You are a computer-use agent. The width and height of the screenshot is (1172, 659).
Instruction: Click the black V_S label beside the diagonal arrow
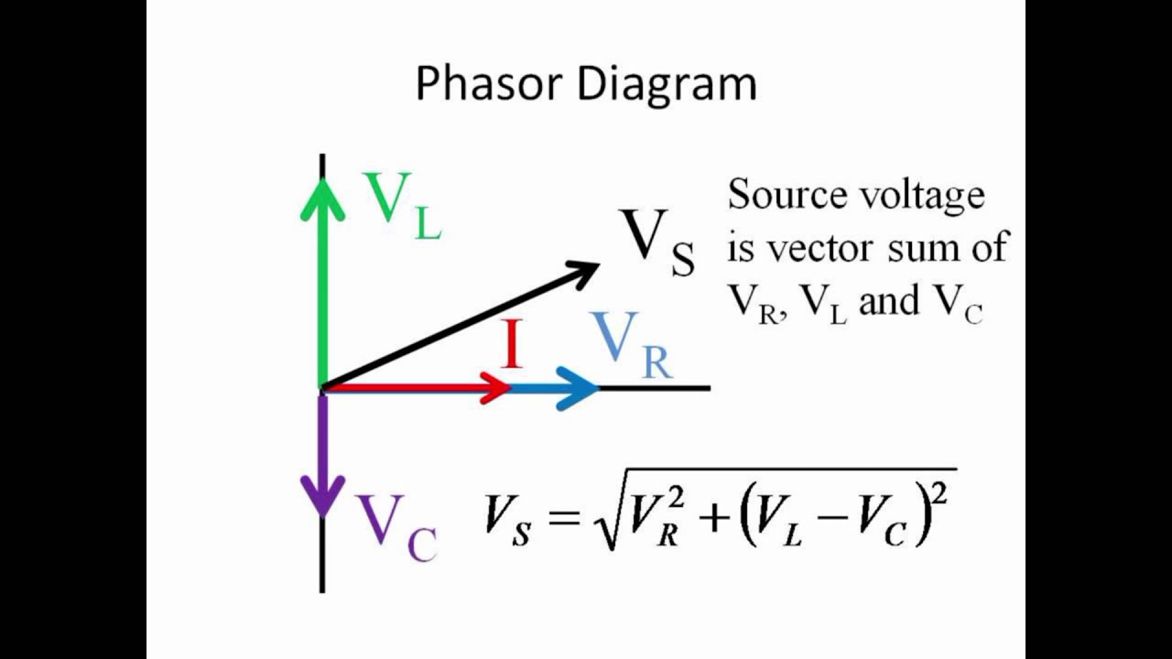point(656,242)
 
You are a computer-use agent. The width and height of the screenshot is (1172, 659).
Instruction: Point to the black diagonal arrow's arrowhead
point(583,271)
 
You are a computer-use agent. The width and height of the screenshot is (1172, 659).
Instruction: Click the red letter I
point(512,346)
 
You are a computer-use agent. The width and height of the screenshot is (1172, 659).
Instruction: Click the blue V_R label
point(631,346)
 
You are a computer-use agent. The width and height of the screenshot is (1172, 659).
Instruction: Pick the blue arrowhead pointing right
point(579,388)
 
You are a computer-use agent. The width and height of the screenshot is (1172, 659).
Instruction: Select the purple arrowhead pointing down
point(322,494)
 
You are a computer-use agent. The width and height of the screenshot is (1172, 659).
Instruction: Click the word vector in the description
point(824,247)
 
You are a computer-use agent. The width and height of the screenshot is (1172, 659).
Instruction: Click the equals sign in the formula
point(562,517)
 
